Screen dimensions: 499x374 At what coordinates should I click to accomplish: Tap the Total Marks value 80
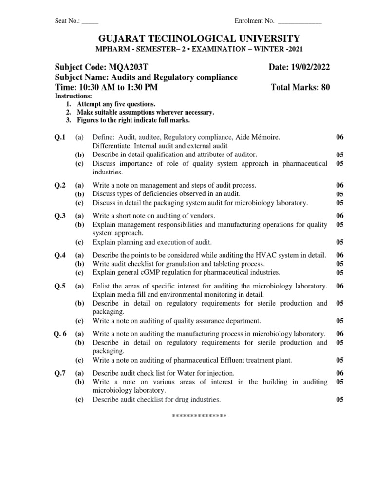click(x=325, y=87)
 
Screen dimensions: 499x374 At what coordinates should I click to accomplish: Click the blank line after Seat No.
click(x=90, y=22)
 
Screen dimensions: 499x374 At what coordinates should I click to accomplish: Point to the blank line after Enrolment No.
click(x=299, y=22)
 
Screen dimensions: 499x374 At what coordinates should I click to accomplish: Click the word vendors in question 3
click(x=201, y=215)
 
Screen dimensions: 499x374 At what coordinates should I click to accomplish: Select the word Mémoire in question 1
click(x=264, y=138)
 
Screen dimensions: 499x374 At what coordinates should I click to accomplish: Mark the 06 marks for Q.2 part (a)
click(x=340, y=185)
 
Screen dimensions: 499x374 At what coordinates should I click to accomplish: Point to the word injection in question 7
click(x=221, y=373)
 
